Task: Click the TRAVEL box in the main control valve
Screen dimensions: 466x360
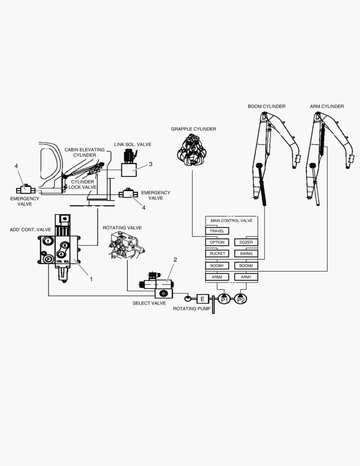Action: pos(217,231)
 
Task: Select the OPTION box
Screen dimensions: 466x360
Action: pos(217,242)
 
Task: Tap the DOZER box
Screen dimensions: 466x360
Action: pos(246,242)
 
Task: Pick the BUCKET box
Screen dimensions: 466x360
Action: pos(217,253)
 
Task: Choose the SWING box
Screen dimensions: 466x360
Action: pos(246,253)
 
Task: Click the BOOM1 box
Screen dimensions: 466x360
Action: pos(217,265)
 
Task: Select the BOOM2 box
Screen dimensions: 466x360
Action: pos(246,265)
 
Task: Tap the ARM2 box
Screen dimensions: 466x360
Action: pos(217,277)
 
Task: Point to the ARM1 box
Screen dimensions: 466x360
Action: pos(246,277)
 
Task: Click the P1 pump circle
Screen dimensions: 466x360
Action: pos(224,299)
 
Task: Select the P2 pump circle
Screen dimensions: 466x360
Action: pos(241,299)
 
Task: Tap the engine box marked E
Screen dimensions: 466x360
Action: pos(203,299)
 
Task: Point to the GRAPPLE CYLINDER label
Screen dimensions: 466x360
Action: pos(193,129)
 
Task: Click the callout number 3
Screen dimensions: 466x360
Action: pos(150,164)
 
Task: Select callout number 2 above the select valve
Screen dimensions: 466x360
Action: pos(175,260)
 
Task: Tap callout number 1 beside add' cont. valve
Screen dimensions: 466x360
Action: pos(91,279)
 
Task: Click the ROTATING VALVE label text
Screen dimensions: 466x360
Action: pos(122,227)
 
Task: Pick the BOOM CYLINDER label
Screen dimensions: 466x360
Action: pos(266,106)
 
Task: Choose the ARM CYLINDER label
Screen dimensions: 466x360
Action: pos(327,106)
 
